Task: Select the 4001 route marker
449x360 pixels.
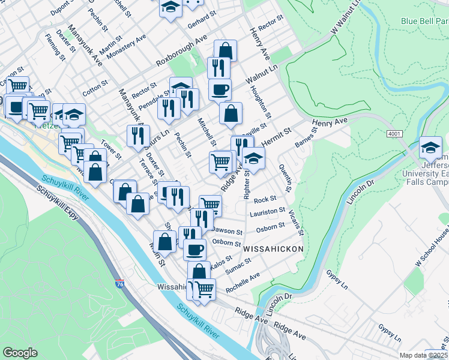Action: pos(394,134)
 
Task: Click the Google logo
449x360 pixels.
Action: pos(20,352)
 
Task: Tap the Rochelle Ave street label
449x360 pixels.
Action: pos(243,283)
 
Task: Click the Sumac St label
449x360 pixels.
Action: pos(239,265)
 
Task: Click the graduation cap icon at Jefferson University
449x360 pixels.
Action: pos(430,147)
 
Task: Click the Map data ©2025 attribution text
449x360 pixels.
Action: pos(424,355)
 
